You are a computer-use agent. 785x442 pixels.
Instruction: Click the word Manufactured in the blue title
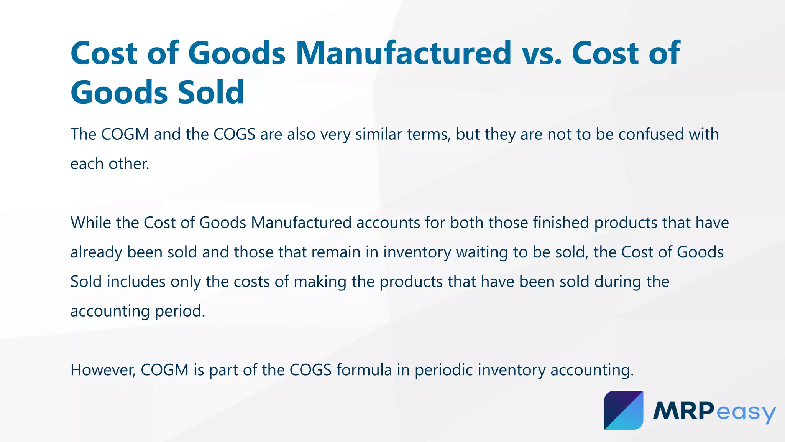pos(403,53)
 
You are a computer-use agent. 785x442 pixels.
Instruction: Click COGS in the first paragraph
pos(234,134)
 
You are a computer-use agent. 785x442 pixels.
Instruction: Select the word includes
pos(136,282)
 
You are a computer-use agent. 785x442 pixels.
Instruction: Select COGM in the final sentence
pos(164,370)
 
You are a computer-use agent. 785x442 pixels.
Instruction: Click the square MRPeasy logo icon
pos(624,410)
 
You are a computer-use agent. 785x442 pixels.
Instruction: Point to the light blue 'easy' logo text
pos(746,412)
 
